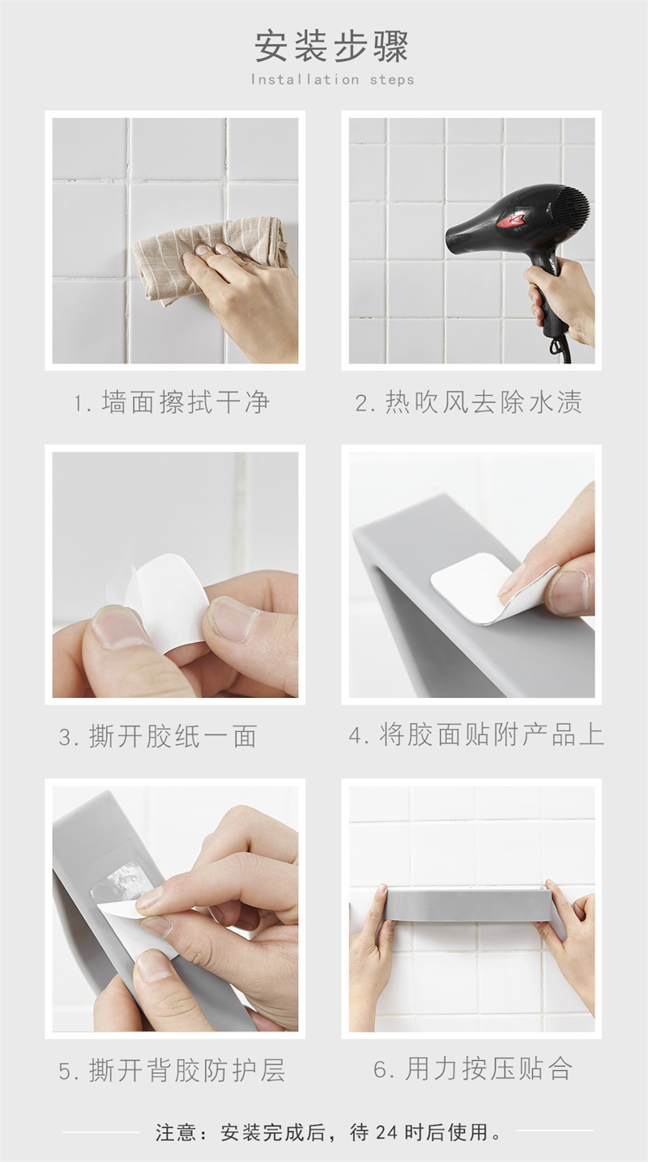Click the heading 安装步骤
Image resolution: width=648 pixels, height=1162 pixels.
[331, 47]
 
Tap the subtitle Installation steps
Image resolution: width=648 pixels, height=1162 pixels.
[333, 80]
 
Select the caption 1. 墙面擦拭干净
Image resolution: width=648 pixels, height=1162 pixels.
[172, 402]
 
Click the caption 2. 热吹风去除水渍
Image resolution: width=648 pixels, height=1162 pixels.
[468, 402]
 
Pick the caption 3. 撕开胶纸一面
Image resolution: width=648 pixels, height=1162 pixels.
[158, 737]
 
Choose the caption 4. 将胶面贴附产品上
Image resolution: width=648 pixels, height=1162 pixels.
[476, 734]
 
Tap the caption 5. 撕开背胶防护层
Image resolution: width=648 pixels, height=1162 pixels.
[172, 1070]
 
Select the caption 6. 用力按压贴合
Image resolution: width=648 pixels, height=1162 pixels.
[473, 1069]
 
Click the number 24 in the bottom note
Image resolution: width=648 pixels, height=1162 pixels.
[386, 1132]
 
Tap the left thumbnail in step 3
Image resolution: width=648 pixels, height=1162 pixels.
[118, 627]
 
